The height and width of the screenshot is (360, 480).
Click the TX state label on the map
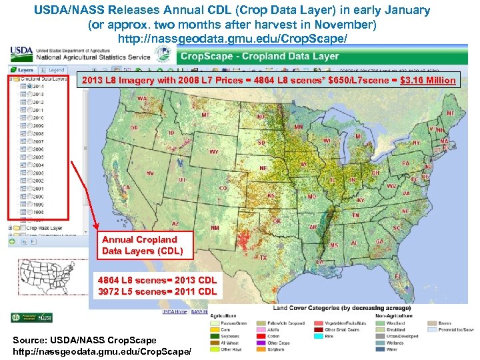263,257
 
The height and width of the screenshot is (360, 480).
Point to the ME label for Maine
451,113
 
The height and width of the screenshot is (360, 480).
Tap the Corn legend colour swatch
215,329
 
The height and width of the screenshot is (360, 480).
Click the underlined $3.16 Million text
428,81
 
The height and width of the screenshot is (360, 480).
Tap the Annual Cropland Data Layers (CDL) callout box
139,245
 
